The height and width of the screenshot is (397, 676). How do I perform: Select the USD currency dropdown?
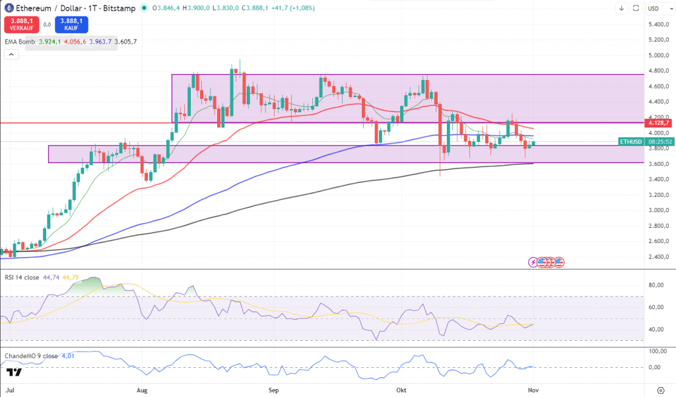pos(654,8)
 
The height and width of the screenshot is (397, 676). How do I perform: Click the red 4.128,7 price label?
pos(659,123)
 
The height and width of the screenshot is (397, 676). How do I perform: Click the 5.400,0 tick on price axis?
pos(659,24)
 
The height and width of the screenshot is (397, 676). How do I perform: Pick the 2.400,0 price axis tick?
pos(659,257)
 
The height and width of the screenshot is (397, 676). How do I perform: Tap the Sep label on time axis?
pos(275,390)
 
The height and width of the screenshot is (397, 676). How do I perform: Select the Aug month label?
pos(143,390)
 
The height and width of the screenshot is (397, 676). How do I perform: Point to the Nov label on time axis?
pos(533,390)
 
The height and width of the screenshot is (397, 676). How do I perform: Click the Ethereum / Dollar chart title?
pos(50,8)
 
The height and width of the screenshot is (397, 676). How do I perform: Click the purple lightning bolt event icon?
pos(533,262)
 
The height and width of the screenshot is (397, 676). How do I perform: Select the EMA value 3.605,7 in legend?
pos(125,42)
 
